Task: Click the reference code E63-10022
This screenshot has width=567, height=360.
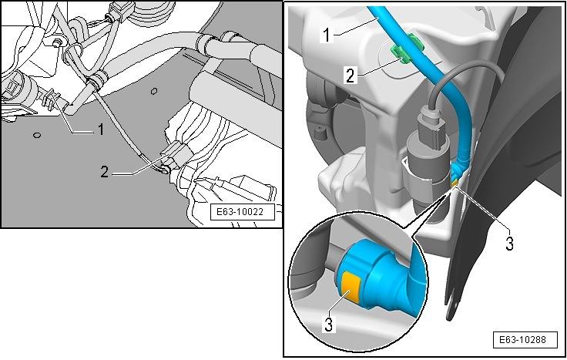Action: pos(243,214)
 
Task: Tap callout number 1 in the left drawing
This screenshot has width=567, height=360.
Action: pos(99,130)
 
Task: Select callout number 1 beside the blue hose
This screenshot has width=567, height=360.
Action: pos(326,35)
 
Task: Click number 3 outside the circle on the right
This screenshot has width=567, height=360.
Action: pos(509,244)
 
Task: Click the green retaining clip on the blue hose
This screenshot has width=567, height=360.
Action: pos(401,55)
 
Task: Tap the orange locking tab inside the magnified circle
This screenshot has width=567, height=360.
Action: pos(351,285)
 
